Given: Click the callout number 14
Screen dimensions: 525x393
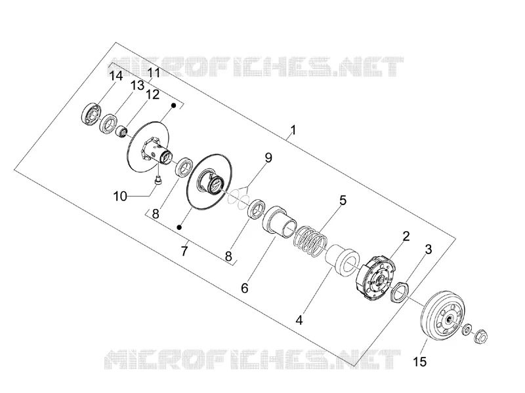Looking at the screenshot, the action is click(x=116, y=76).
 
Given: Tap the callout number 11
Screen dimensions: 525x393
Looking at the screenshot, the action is click(x=154, y=73).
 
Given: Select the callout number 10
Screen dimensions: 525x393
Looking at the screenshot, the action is click(x=120, y=196).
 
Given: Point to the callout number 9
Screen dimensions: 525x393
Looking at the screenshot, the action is click(x=268, y=158).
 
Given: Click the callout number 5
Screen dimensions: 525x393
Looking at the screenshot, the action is click(x=343, y=200).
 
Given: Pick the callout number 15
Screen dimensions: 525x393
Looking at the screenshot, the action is click(x=420, y=362).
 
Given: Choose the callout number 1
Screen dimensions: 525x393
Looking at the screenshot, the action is click(x=293, y=130).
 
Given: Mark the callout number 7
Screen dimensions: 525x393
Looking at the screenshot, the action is click(x=184, y=251).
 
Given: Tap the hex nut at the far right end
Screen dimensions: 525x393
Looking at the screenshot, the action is click(x=482, y=335).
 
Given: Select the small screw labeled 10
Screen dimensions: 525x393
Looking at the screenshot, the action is click(x=157, y=181).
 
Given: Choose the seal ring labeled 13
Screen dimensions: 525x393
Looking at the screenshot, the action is click(x=108, y=123).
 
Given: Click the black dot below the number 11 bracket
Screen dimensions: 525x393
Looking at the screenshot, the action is click(x=174, y=105).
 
